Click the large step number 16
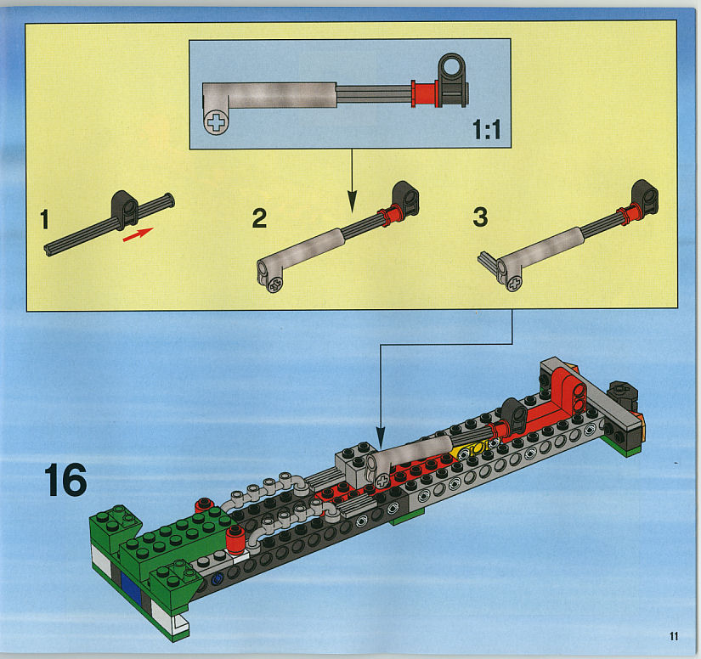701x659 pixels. coord(65,480)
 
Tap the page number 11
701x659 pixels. coord(674,636)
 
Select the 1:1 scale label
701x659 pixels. coord(487,130)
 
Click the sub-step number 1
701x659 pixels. coord(44,219)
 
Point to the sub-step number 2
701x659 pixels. coord(259,218)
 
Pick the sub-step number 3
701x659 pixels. coord(480,217)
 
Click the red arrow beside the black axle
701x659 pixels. coord(139,234)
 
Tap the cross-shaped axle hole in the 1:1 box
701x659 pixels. coord(217,122)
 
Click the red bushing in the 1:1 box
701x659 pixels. coord(425,93)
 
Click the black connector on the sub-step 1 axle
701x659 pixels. coord(124,209)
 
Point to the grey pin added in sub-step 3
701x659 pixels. coord(488,262)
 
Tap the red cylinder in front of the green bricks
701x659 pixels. coord(235,539)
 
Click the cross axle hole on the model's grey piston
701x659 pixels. coord(382,482)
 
